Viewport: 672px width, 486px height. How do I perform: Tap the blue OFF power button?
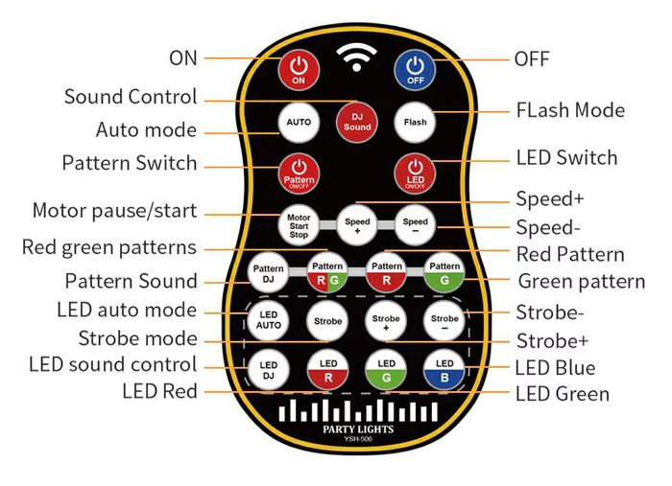pos(415,71)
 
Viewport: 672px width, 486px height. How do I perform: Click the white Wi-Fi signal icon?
pos(356,58)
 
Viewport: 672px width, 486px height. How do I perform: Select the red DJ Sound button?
pos(357,122)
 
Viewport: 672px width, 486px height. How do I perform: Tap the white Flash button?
pos(415,123)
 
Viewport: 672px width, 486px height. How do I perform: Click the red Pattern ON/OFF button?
pos(299,174)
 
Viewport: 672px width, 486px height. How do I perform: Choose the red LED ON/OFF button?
pos(415,174)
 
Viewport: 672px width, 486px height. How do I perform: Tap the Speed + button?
pos(357,225)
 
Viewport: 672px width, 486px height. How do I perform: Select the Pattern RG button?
pos(327,272)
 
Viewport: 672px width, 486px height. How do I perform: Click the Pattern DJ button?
pos(268,273)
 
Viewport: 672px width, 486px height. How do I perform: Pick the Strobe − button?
pos(444,321)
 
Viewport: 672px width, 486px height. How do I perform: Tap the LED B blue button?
pos(444,370)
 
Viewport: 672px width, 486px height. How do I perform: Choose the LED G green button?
pos(386,370)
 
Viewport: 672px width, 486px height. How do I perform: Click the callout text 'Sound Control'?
pos(131,97)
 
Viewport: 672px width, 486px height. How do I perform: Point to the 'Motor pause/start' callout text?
pos(115,211)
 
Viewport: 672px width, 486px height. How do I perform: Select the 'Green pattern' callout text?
pos(582,282)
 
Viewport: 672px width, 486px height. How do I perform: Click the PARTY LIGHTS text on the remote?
pos(358,429)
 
